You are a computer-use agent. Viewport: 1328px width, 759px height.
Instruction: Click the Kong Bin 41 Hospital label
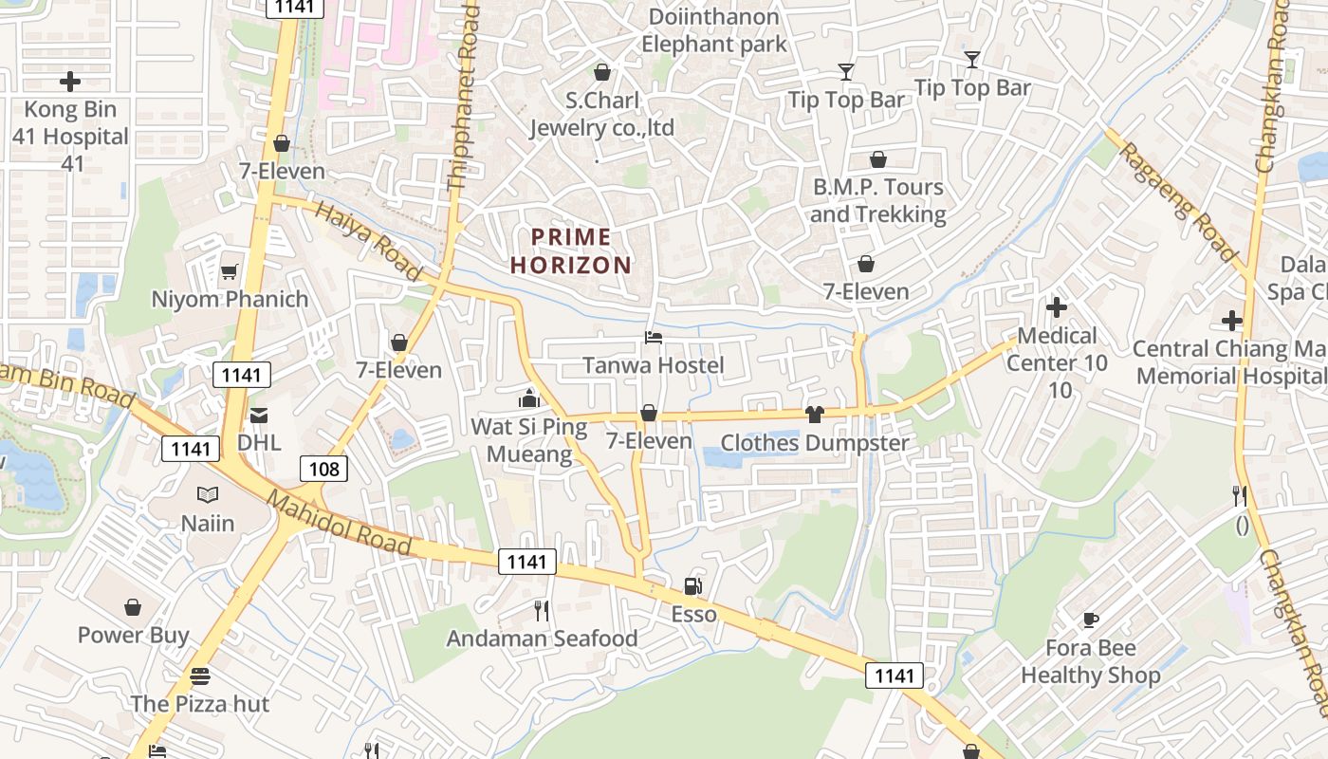[70, 137]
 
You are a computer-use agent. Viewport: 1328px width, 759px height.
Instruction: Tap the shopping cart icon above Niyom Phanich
[229, 273]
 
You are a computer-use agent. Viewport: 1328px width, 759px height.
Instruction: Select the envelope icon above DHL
[259, 416]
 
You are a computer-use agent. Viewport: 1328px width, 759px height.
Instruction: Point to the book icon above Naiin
[208, 495]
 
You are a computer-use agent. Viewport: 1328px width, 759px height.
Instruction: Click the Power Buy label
[134, 635]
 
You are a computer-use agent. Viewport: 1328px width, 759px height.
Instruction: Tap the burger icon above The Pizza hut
[199, 677]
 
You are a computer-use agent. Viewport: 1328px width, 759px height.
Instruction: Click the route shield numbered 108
[323, 468]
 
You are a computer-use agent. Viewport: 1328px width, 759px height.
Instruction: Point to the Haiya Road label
[369, 242]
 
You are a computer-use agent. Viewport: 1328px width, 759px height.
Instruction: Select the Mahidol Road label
[339, 523]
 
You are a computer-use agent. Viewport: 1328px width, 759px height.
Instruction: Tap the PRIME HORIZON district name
[571, 251]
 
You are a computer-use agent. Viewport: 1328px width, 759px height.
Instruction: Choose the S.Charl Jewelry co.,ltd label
[601, 114]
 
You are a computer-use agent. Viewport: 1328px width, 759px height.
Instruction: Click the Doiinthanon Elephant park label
[714, 30]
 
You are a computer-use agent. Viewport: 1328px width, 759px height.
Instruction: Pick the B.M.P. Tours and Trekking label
[879, 200]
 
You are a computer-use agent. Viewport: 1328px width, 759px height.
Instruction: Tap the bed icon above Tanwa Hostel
[653, 337]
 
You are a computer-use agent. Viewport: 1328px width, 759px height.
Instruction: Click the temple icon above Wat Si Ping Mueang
[529, 398]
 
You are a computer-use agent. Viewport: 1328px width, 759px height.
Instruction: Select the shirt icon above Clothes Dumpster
[814, 414]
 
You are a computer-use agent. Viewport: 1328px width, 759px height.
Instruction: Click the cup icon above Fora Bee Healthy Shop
[1091, 620]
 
